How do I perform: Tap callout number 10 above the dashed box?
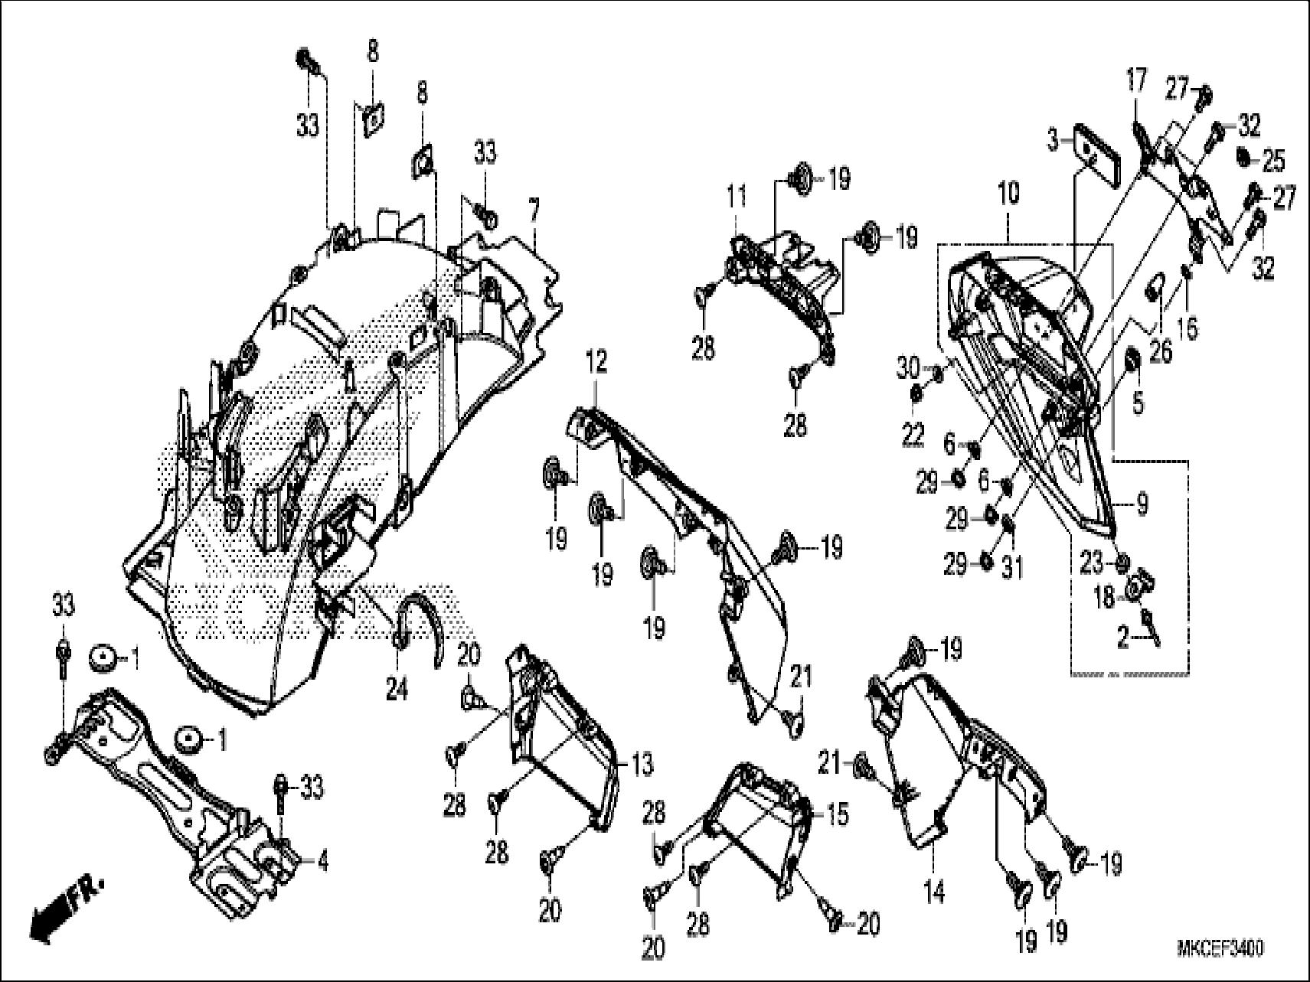(1010, 193)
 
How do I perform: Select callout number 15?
(838, 815)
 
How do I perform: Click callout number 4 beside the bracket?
(322, 863)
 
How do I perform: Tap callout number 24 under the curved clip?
(397, 690)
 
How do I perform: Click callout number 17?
(1136, 80)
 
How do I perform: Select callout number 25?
(1273, 162)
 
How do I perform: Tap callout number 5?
(1138, 403)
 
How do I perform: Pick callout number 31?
(1013, 567)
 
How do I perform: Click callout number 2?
(1122, 638)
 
